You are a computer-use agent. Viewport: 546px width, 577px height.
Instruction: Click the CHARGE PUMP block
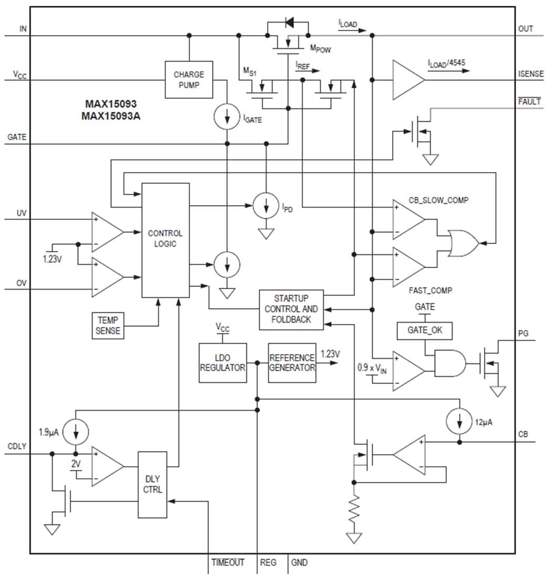tap(189, 79)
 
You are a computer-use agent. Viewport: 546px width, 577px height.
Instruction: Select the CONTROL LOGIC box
tap(165, 240)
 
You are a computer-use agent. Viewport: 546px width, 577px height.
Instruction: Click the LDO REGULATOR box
tap(223, 362)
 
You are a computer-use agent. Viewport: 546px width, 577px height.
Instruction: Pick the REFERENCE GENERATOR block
tap(292, 362)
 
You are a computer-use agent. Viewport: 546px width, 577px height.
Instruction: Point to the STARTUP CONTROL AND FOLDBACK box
tap(292, 309)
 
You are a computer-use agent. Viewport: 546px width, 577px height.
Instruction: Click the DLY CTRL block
tap(153, 484)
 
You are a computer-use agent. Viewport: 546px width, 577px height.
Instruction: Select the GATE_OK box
tap(425, 330)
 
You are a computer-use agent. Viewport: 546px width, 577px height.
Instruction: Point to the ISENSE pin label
tap(531, 74)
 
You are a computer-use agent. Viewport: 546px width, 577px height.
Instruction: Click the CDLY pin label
tap(17, 447)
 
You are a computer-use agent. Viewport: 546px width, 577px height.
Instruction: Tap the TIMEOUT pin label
tap(228, 563)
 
